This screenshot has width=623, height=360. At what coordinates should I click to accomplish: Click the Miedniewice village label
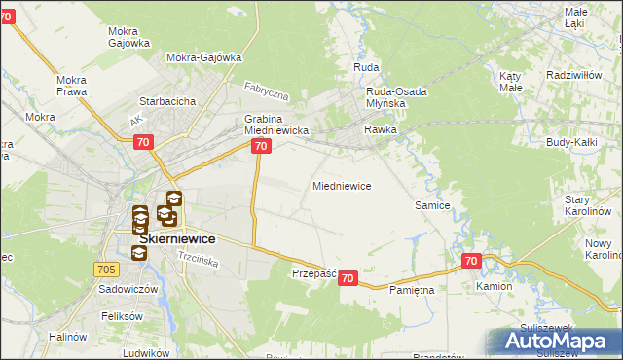[341, 185]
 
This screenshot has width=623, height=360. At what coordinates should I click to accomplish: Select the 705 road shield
[107, 268]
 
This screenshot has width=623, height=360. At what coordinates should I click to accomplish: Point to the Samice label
[432, 205]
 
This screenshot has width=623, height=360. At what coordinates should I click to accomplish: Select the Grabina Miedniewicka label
[275, 125]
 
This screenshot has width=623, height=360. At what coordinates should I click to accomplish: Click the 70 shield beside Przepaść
[349, 278]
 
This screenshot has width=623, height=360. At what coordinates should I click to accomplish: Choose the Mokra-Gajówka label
[203, 57]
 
